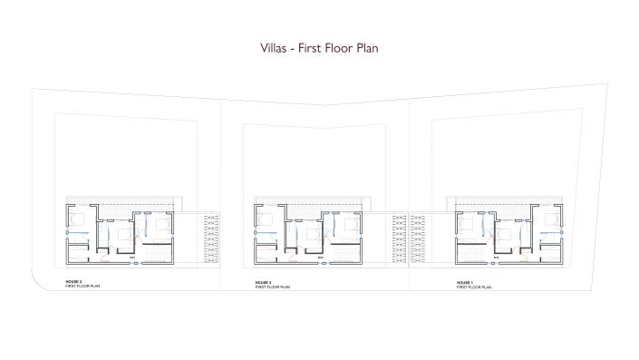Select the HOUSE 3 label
click(74, 282)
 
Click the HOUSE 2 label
click(264, 282)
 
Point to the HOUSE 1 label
click(465, 282)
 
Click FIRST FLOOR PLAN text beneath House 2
click(272, 287)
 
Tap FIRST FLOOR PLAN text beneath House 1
click(473, 287)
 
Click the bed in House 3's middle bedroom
click(124, 234)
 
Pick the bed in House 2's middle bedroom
click(314, 234)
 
